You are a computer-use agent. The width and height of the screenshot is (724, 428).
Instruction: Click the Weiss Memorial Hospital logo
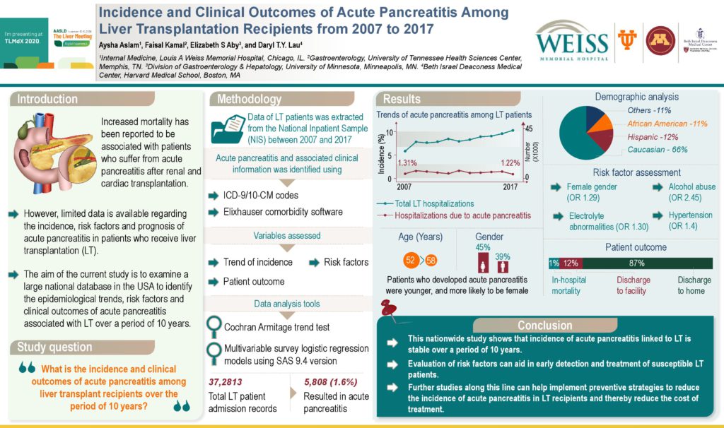pos(571,42)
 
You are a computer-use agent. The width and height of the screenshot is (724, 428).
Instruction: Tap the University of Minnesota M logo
pos(660,41)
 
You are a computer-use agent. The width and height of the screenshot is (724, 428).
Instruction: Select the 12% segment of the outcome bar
pos(571,263)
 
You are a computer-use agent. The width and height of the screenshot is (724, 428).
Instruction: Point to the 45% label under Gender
pos(484,247)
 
